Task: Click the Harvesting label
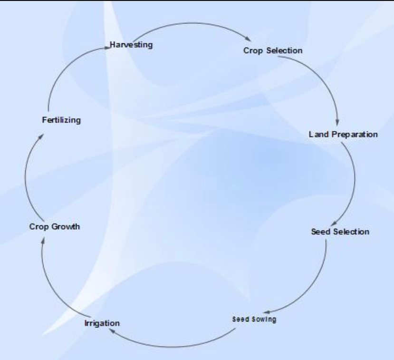pos(131,45)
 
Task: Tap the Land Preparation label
pos(344,134)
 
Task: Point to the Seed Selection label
pos(340,232)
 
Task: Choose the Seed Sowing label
pos(254,319)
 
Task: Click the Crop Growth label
pos(55,226)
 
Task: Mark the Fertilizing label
pos(61,120)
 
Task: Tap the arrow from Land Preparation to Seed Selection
pos(354,181)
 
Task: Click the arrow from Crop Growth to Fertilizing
pos(26,176)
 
